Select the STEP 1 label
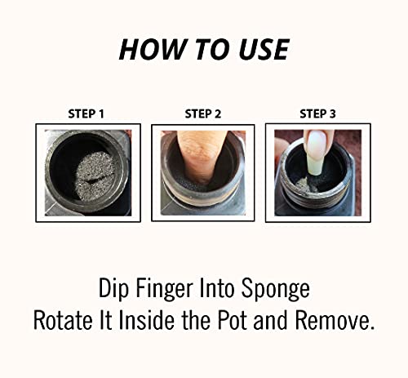86,113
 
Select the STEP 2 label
203,113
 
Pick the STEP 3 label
317,113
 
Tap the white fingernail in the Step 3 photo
317,153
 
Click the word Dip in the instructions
113,288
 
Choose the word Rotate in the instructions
64,320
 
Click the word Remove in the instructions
335,320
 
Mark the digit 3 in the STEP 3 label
333,113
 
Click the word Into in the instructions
217,288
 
